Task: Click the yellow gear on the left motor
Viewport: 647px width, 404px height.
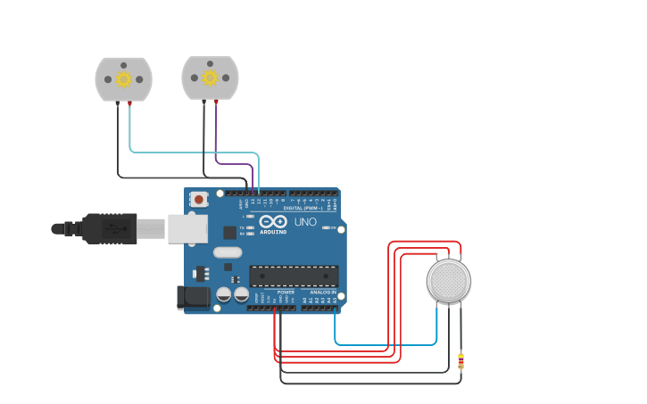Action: point(123,79)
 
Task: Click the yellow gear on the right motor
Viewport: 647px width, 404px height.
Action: point(210,78)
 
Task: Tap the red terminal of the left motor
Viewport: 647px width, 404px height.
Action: point(130,103)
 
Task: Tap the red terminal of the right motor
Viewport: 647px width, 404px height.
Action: point(216,103)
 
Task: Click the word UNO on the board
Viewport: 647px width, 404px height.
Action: point(305,221)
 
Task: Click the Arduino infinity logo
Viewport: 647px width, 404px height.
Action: point(274,221)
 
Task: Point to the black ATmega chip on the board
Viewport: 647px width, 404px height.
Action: point(294,276)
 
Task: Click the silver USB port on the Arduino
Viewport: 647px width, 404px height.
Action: point(187,228)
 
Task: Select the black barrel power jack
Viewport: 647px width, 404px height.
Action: point(193,298)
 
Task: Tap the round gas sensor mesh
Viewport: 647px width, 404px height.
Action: point(448,281)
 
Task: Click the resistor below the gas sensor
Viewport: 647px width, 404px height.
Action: point(460,360)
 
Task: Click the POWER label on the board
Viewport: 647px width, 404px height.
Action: point(286,292)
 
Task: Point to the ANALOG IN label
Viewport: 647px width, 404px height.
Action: point(322,292)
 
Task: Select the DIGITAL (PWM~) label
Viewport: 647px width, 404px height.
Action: point(303,208)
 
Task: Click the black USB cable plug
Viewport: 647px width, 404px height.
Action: point(109,228)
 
